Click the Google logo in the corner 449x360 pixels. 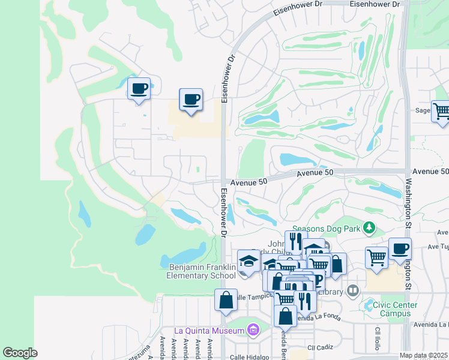[20, 353]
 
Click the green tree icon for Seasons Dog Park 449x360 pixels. [369, 227]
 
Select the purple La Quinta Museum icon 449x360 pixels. [253, 330]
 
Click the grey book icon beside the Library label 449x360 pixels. [353, 291]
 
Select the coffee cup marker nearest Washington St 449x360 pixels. [400, 248]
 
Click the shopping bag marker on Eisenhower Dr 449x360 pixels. [225, 300]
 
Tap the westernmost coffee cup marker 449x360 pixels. [139, 89]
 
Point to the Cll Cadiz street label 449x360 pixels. [319, 347]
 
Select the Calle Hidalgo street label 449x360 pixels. [249, 357]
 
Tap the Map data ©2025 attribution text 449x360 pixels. [424, 355]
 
